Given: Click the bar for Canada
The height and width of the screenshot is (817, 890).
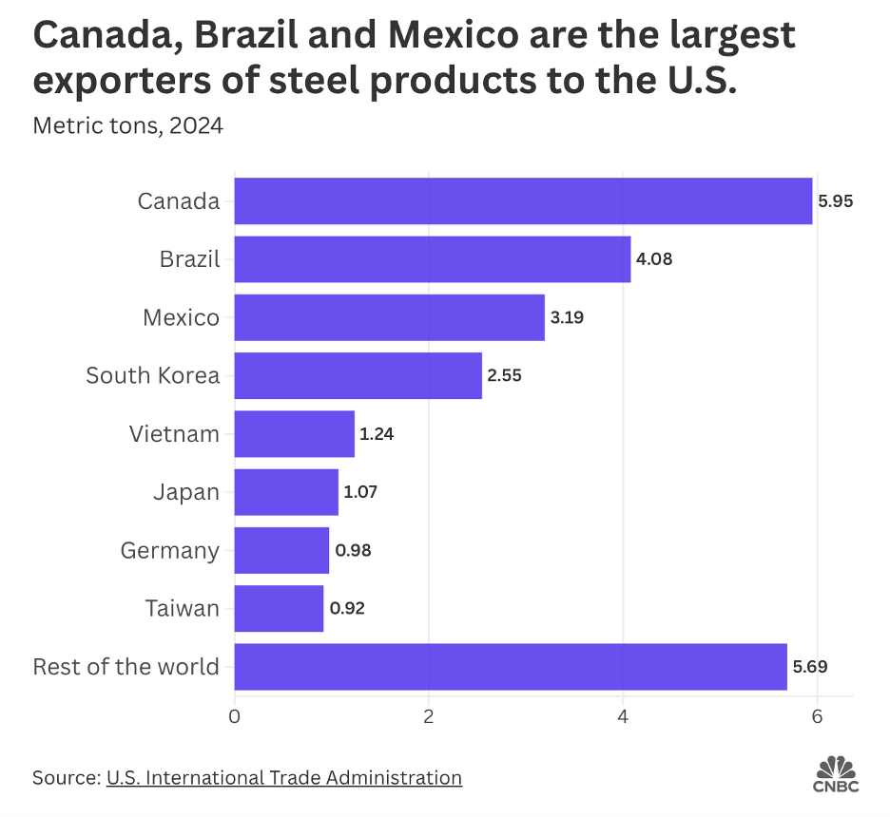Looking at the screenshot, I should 523,201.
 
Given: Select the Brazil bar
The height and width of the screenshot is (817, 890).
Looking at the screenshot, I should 433,259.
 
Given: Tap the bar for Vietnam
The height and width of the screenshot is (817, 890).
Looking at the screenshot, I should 294,434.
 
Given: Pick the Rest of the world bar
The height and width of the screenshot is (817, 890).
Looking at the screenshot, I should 511,667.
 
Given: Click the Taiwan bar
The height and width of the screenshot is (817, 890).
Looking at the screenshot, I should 279,609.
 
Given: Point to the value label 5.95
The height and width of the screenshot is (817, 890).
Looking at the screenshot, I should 835,201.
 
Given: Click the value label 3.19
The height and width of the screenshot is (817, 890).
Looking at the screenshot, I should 567,317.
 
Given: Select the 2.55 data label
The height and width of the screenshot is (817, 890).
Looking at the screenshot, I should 504,375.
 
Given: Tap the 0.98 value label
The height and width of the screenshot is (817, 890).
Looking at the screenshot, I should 352,551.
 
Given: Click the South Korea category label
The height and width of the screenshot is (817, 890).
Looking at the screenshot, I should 152,375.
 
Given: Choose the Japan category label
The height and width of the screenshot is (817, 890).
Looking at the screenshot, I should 186,492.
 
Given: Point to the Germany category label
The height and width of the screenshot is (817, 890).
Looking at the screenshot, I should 170,550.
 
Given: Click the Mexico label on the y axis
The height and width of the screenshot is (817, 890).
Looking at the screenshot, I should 181,317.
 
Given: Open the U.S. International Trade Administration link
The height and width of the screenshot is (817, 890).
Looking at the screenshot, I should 284,777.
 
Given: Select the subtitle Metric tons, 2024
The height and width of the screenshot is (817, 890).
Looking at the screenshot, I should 128,125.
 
